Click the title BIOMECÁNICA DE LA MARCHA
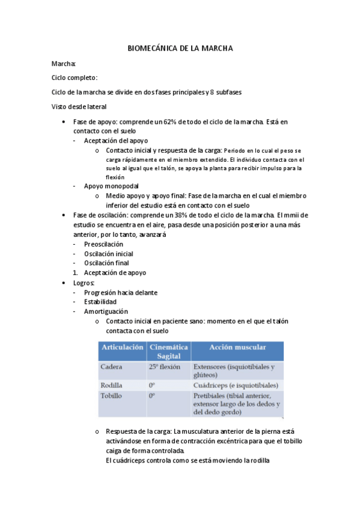[180, 48]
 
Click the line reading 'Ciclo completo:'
[75, 78]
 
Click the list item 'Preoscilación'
[103, 244]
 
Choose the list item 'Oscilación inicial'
[108, 254]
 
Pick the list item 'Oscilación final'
[106, 263]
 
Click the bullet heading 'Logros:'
[84, 283]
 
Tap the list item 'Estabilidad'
[100, 302]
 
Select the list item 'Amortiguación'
[106, 312]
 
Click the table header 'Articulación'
[123, 348]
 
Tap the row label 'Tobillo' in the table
[114, 396]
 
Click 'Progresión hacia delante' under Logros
[121, 292]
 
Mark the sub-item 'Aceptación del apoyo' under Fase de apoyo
[117, 140]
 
